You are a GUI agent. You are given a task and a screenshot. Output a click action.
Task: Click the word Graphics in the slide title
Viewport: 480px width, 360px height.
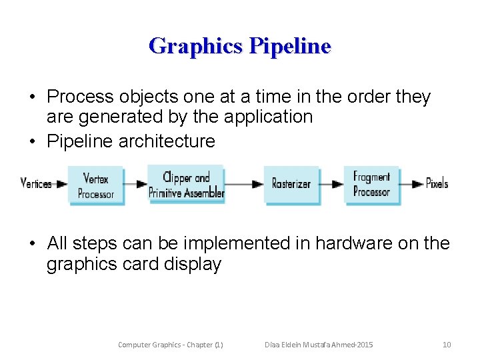coord(196,46)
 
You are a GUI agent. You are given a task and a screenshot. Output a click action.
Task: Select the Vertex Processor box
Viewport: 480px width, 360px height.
coord(96,185)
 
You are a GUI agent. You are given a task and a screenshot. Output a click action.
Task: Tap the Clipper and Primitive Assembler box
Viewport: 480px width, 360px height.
coord(187,184)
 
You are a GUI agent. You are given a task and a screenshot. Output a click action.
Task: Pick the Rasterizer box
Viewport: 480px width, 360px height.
coord(291,184)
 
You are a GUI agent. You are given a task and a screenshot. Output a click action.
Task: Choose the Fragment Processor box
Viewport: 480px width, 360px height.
coord(371,184)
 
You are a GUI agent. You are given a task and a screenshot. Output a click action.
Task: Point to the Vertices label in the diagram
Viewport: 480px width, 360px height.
coord(36,183)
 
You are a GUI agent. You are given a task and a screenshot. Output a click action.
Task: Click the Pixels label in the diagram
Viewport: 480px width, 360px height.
coord(437,183)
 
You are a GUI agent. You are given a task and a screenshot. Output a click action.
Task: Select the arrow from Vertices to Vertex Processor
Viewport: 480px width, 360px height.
coord(60,184)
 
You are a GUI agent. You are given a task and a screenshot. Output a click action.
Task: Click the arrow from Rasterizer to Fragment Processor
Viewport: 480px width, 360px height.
coord(331,184)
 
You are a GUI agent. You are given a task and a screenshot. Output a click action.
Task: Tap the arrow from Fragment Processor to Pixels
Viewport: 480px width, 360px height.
coord(411,184)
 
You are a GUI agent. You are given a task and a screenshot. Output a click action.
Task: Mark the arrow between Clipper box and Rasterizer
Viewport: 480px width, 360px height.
coord(245,184)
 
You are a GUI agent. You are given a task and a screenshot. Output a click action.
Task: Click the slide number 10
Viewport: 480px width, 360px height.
coord(447,345)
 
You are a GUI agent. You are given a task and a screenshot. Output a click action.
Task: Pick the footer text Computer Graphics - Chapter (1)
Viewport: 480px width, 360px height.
coord(170,345)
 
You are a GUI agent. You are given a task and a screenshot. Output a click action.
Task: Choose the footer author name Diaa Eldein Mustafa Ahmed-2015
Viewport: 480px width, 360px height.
coord(318,345)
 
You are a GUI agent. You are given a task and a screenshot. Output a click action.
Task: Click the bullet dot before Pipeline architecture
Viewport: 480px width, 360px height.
coord(32,141)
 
